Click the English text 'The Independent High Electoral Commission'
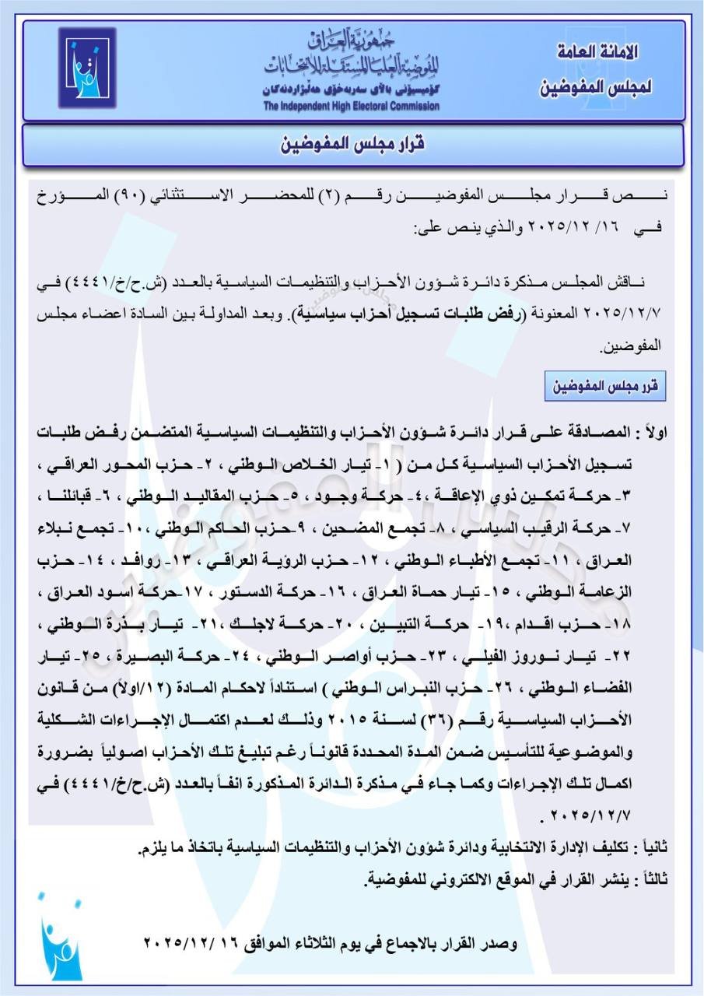click(x=350, y=107)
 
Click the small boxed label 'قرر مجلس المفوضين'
click(x=604, y=386)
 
